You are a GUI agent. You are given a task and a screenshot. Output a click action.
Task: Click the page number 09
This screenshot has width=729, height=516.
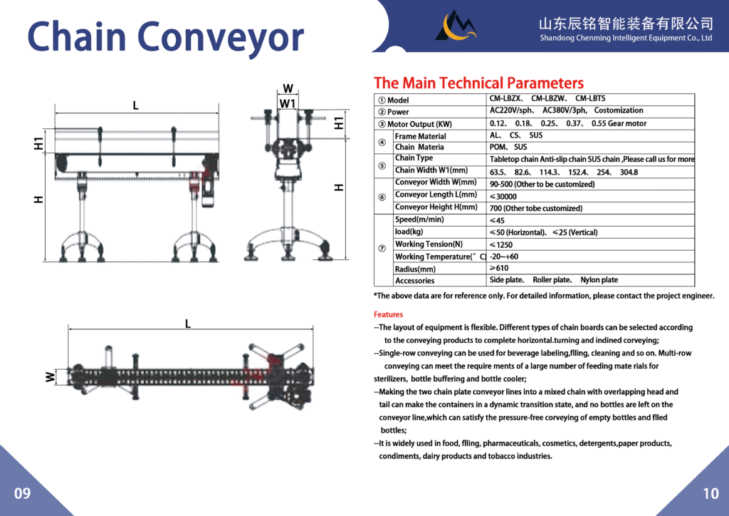[x=22, y=493]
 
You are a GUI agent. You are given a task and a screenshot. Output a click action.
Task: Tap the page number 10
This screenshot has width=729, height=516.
[x=710, y=493]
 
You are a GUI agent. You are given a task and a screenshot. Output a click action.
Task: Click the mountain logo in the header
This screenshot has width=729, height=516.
[x=456, y=26]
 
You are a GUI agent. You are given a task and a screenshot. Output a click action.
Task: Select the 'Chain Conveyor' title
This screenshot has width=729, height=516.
[x=165, y=37]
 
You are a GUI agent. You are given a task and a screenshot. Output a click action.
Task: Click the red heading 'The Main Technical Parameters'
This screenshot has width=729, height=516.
[x=478, y=83]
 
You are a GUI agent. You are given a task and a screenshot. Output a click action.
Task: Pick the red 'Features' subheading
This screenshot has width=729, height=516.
[x=388, y=314]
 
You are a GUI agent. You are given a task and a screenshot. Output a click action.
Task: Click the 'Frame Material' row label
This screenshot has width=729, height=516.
[x=420, y=136]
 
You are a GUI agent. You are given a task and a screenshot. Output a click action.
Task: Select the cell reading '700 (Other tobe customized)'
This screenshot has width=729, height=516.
[x=536, y=208]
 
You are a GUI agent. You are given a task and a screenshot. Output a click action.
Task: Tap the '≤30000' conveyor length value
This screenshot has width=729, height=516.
[x=503, y=196]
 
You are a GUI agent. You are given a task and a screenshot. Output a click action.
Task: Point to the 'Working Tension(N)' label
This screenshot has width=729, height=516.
[x=429, y=244]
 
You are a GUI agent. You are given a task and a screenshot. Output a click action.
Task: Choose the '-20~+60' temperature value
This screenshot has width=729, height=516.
[x=504, y=257]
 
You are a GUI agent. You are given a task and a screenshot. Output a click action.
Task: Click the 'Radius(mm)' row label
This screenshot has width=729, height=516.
[x=415, y=269]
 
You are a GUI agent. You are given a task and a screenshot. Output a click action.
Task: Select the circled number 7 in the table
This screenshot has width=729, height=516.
[x=382, y=249]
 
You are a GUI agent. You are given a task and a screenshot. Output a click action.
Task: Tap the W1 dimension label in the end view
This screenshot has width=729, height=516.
[x=288, y=103]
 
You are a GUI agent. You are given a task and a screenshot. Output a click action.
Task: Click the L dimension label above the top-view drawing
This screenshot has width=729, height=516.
[x=188, y=324]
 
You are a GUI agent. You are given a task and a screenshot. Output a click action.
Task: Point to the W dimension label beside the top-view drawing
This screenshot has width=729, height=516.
[x=51, y=377]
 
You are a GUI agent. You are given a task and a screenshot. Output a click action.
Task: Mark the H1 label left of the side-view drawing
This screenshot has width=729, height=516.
[x=38, y=143]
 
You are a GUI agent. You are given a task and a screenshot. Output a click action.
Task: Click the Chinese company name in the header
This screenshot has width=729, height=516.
[x=626, y=24]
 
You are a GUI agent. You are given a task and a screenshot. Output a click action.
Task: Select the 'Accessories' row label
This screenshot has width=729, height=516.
[x=415, y=281]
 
